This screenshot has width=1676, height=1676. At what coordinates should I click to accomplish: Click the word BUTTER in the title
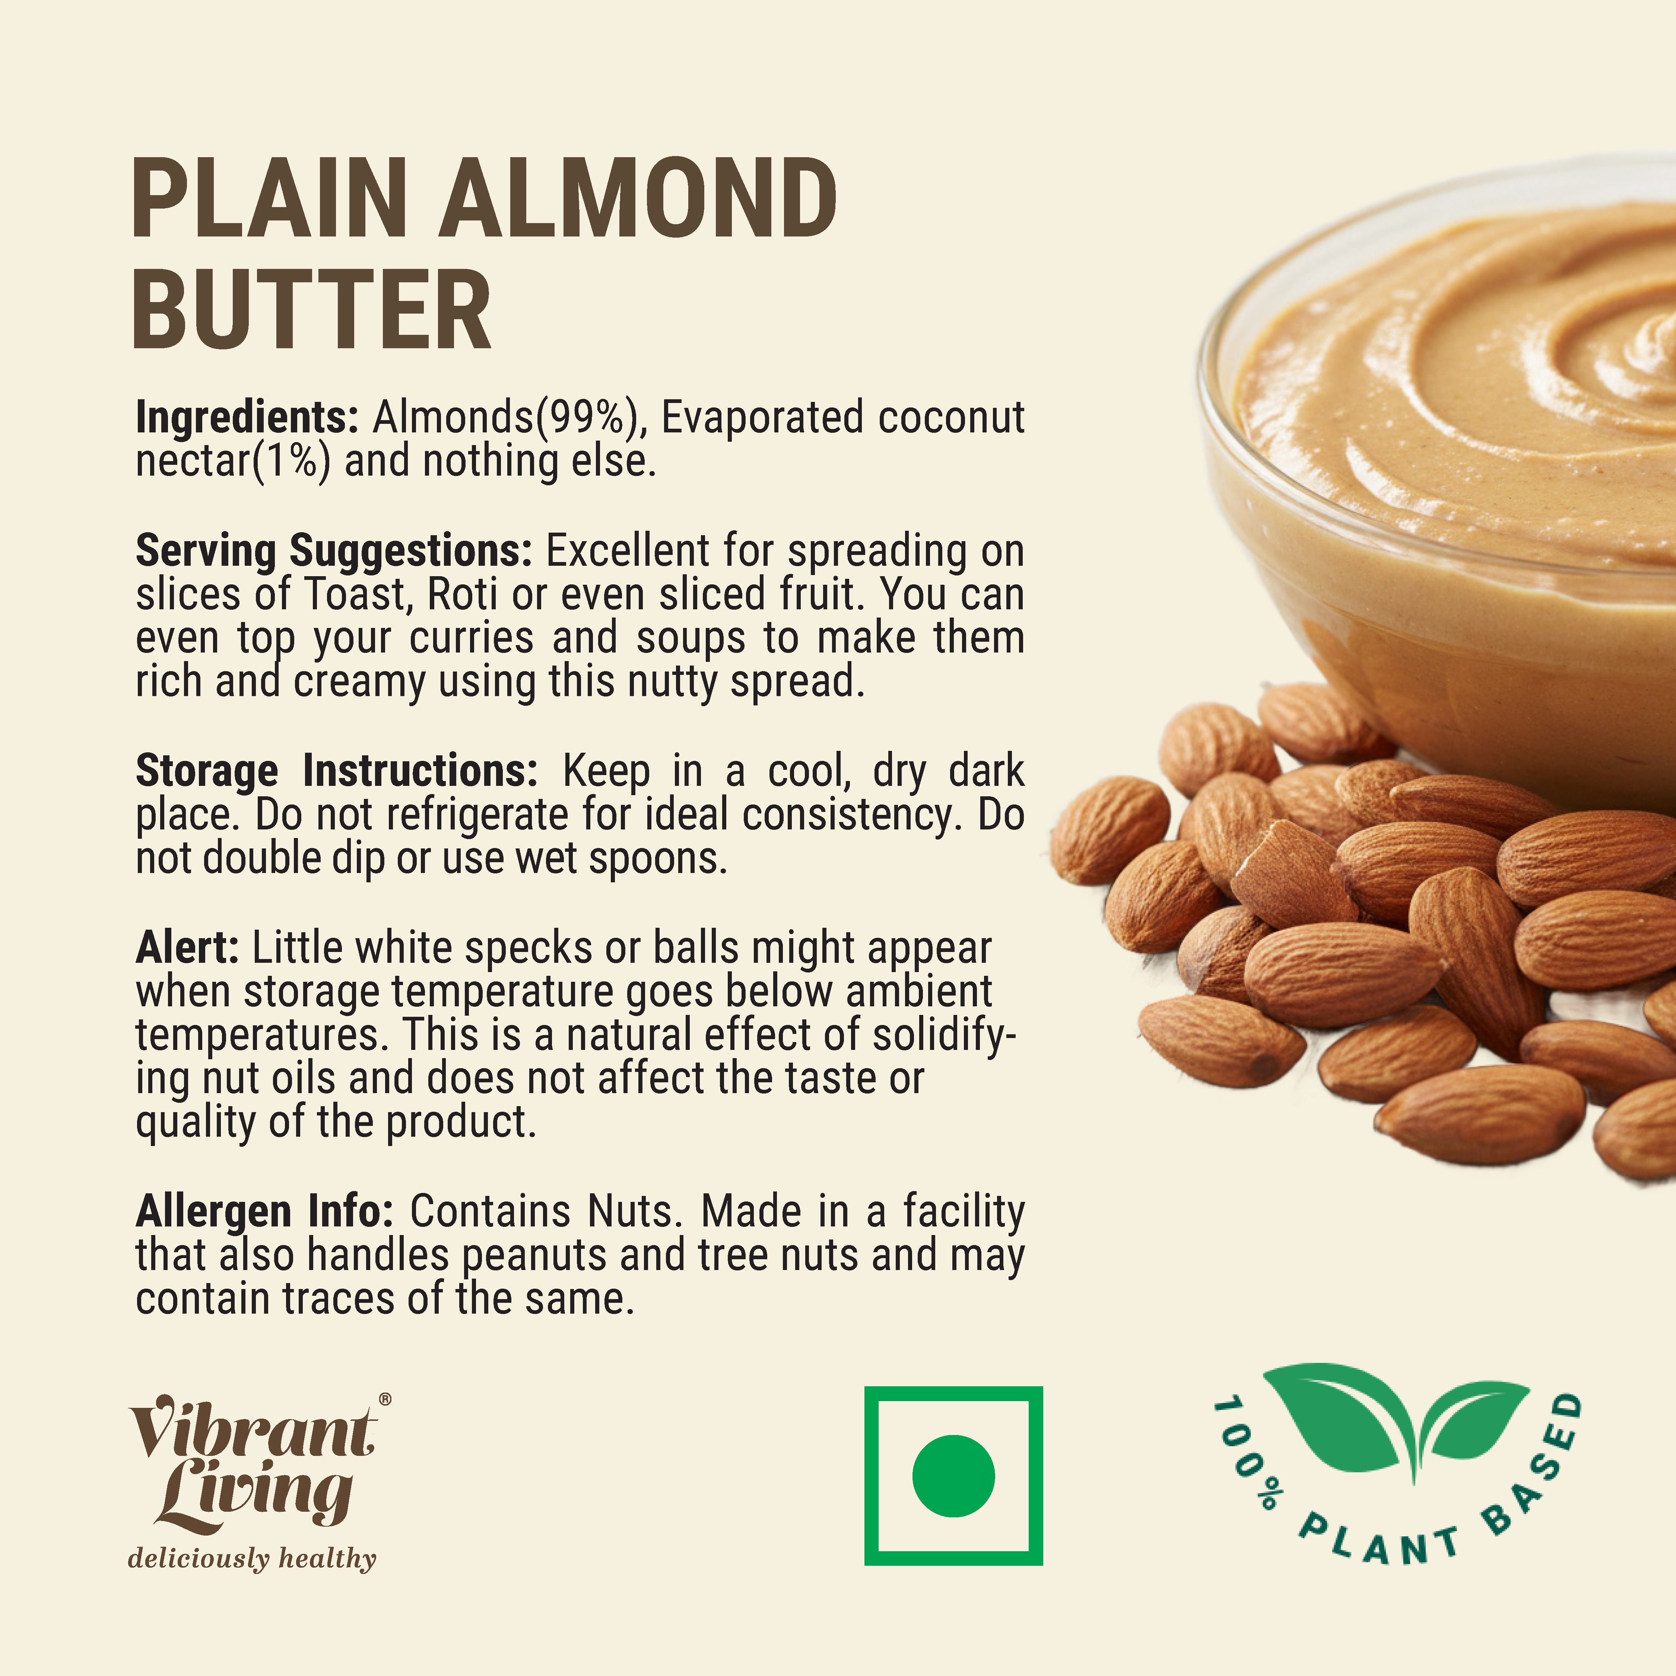312,310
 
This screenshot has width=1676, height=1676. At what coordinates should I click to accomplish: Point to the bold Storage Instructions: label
337,770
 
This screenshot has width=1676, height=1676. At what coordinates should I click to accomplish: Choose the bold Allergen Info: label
264,1211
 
